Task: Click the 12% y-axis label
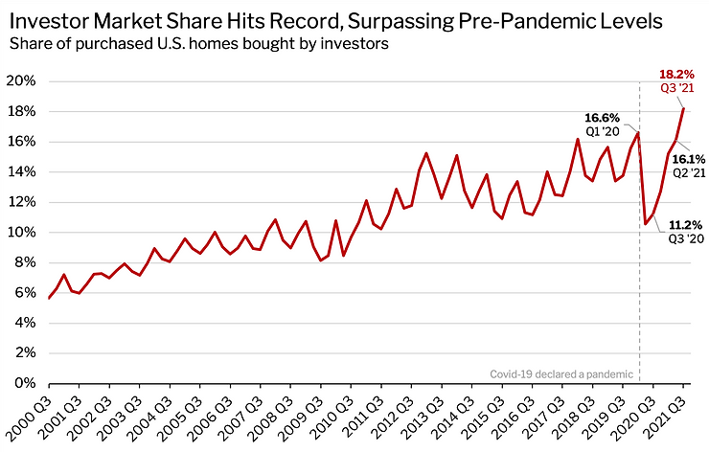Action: pos(22,202)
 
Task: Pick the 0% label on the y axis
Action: pos(26,383)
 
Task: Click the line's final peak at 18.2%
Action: pos(682,108)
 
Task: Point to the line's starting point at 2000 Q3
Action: pos(48,299)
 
